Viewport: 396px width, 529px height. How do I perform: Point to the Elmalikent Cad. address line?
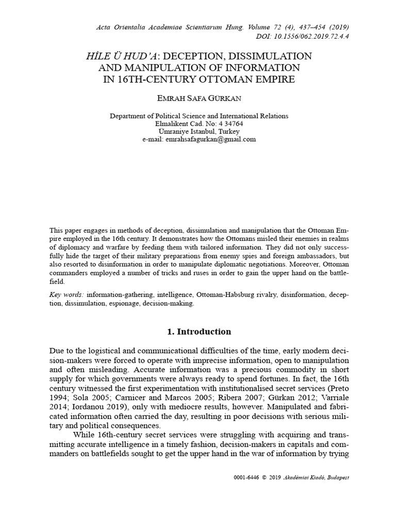coord(199,124)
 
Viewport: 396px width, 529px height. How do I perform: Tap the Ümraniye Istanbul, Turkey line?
coord(199,132)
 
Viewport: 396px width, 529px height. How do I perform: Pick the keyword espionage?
coord(123,304)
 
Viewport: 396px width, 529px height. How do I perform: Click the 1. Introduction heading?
coord(199,332)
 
